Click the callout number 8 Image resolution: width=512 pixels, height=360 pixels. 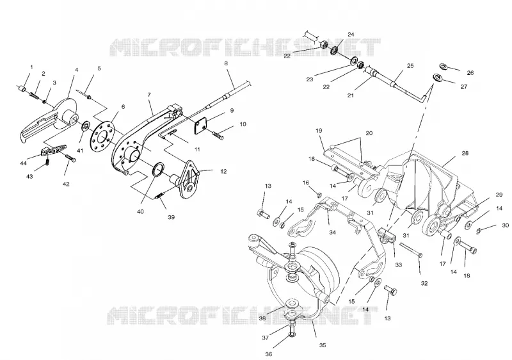(226, 63)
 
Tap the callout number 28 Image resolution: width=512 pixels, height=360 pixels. (465, 153)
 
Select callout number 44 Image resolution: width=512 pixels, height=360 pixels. (23, 163)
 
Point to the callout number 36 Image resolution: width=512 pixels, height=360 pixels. (268, 354)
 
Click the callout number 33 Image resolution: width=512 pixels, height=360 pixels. (398, 265)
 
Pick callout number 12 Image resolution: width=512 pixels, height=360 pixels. (223, 171)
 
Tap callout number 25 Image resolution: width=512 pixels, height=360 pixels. (410, 66)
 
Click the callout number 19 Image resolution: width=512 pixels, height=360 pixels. (319, 130)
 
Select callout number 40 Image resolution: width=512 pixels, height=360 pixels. (140, 211)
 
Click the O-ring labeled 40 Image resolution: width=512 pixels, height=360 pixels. (159, 170)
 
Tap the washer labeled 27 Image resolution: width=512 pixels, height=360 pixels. (436, 78)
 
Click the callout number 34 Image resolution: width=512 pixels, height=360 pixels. (332, 233)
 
